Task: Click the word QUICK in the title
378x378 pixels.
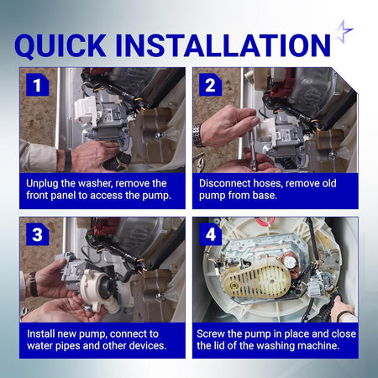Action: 60,45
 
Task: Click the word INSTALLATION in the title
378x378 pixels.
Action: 223,45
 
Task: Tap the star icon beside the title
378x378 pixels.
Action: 344,31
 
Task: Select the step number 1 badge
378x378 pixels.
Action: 37,85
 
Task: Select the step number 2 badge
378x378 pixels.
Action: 210,85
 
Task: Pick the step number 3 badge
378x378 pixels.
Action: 37,234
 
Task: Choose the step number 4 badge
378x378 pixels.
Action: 210,234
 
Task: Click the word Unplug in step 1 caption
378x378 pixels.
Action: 42,184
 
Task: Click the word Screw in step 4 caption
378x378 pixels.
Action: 210,333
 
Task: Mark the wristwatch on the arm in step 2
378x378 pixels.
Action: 198,135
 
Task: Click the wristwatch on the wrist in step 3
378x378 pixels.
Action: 34,284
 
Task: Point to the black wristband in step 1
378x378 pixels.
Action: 67,160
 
